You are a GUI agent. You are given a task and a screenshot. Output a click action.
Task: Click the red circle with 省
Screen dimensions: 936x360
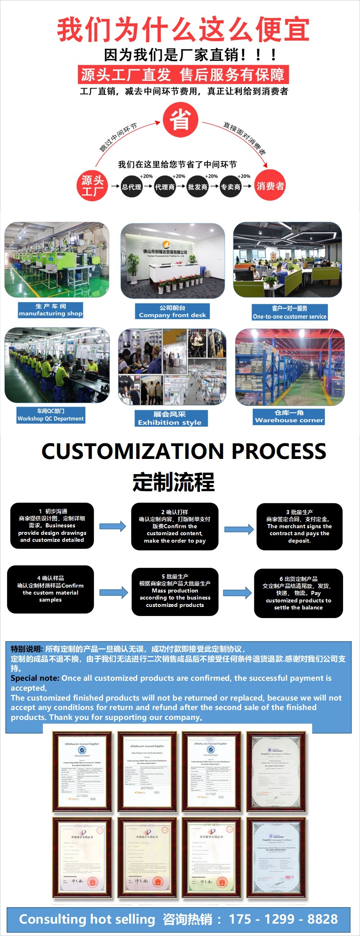tap(180, 120)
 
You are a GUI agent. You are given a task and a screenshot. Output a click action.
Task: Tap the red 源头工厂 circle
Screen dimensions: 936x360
tap(92, 186)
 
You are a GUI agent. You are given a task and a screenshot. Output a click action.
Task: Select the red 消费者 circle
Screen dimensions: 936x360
tap(270, 186)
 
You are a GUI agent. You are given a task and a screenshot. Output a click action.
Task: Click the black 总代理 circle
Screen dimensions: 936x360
tap(132, 187)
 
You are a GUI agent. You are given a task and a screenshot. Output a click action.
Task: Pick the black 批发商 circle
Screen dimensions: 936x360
tap(198, 187)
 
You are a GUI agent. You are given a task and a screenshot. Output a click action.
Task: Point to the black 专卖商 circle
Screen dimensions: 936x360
tap(231, 187)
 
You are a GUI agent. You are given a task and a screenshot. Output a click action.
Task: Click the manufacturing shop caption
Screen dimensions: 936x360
tap(50, 310)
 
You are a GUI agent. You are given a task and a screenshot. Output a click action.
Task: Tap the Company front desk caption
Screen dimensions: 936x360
tap(172, 311)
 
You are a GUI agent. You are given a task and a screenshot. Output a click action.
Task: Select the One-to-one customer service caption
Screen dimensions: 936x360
tap(289, 313)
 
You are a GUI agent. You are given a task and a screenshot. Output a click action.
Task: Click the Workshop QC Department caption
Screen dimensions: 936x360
tap(51, 415)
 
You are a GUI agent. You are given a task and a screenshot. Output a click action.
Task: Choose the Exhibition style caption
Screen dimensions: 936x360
tap(171, 418)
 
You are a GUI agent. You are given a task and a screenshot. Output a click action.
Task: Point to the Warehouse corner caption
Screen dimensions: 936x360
tap(289, 416)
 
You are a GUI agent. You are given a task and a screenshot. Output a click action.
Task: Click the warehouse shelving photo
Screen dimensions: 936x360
tap(289, 367)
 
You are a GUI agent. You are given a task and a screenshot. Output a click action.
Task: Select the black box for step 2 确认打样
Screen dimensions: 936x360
tap(174, 526)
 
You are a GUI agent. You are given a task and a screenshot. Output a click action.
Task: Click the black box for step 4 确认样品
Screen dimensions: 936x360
tap(50, 589)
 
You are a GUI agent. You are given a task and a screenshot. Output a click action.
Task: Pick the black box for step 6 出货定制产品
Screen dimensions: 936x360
tap(298, 593)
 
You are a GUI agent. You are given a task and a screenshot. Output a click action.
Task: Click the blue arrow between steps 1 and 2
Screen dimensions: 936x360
tap(113, 526)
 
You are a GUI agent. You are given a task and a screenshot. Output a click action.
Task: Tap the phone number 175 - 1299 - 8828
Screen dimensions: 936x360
tap(283, 919)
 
